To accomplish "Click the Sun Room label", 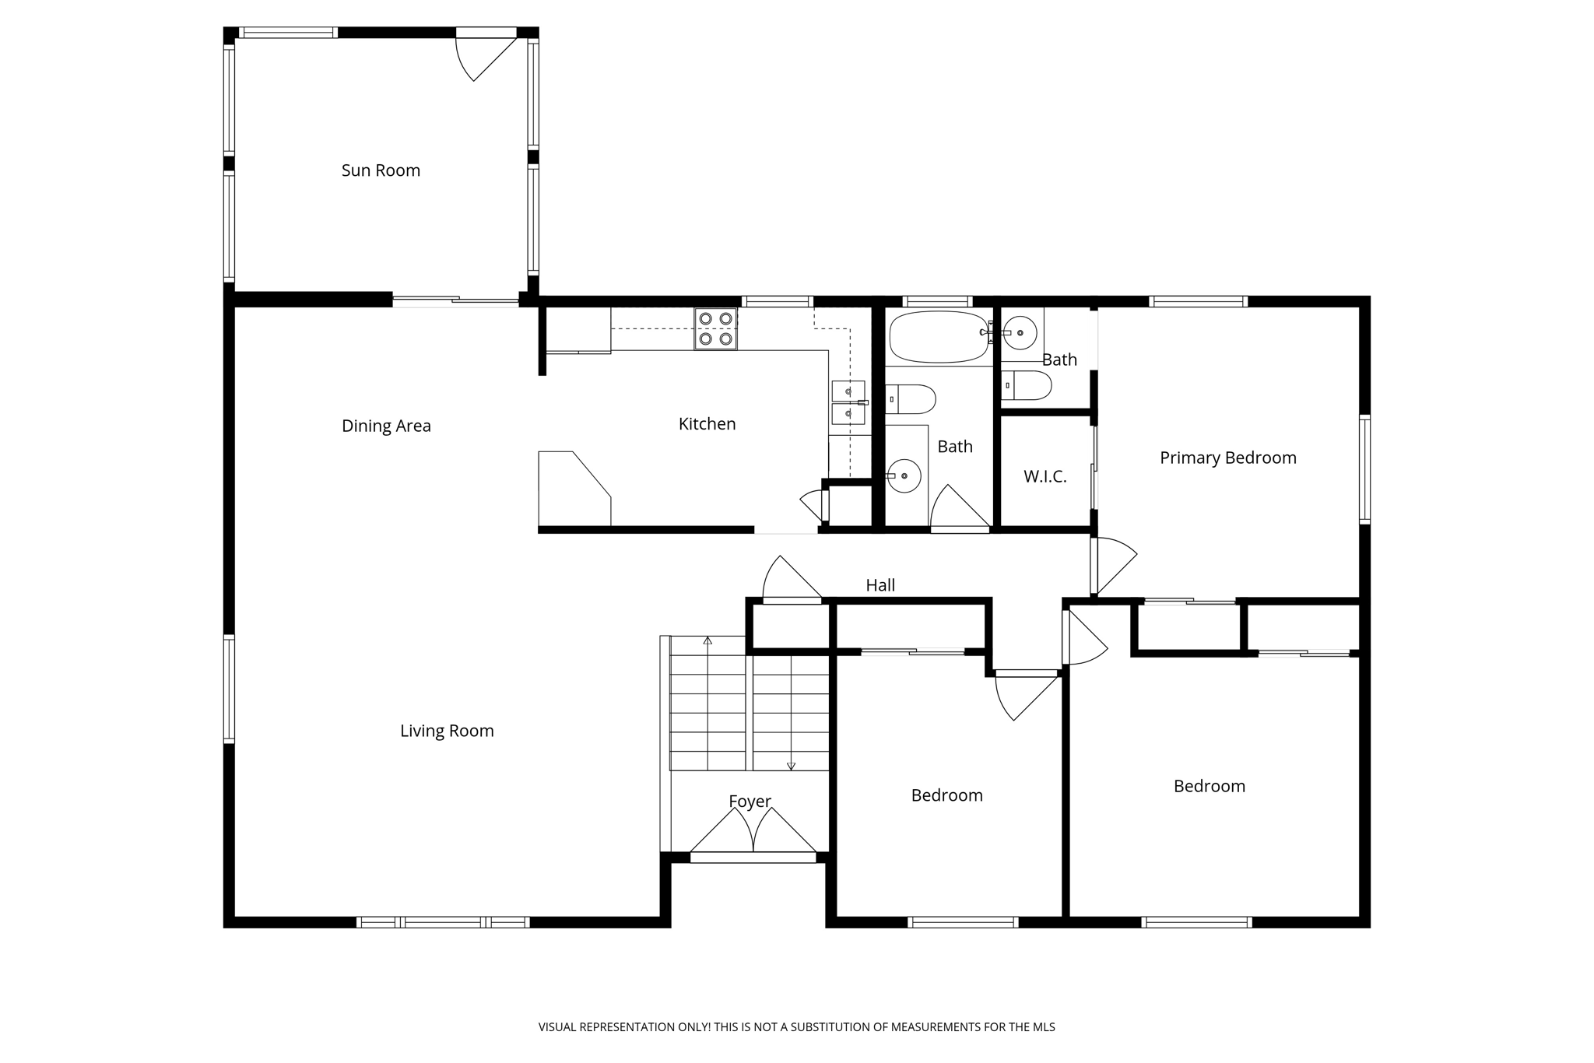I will [x=381, y=170].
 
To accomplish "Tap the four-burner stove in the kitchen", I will [x=715, y=328].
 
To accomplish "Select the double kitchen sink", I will [x=848, y=402].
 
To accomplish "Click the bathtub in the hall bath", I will [x=939, y=337].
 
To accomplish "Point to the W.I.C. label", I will [x=1045, y=476].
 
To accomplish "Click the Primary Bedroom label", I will [x=1227, y=458].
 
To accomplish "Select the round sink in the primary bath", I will [x=1019, y=333].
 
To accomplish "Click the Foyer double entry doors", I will [x=753, y=834].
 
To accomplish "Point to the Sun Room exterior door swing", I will [x=483, y=58].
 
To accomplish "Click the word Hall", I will [x=880, y=585].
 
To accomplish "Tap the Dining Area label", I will [x=386, y=426].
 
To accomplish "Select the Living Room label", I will [x=447, y=731].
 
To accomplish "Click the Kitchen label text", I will [x=707, y=424].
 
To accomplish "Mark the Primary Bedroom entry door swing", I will [x=1113, y=564].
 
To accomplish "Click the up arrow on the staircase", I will [x=707, y=641].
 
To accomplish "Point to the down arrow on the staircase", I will [x=791, y=766].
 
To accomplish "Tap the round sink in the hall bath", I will [x=904, y=475].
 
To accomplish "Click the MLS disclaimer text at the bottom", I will [x=796, y=1027].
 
